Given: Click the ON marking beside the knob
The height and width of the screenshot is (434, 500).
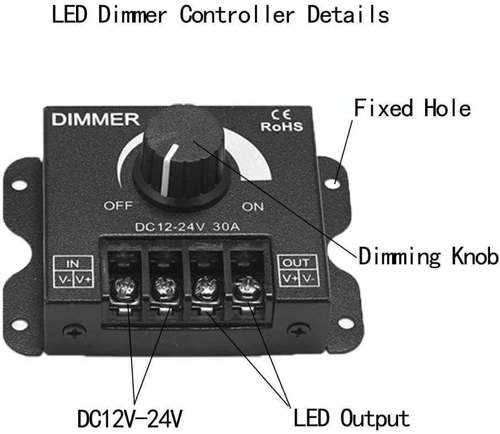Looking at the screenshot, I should point(253,207).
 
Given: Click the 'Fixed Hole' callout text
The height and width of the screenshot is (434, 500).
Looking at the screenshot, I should point(412,108).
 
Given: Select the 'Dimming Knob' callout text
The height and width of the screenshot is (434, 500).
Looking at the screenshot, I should point(428,257).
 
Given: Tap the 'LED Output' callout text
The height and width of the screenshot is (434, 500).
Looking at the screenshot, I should point(351,418).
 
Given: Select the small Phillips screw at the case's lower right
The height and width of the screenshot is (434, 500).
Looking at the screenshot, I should point(298,332).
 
